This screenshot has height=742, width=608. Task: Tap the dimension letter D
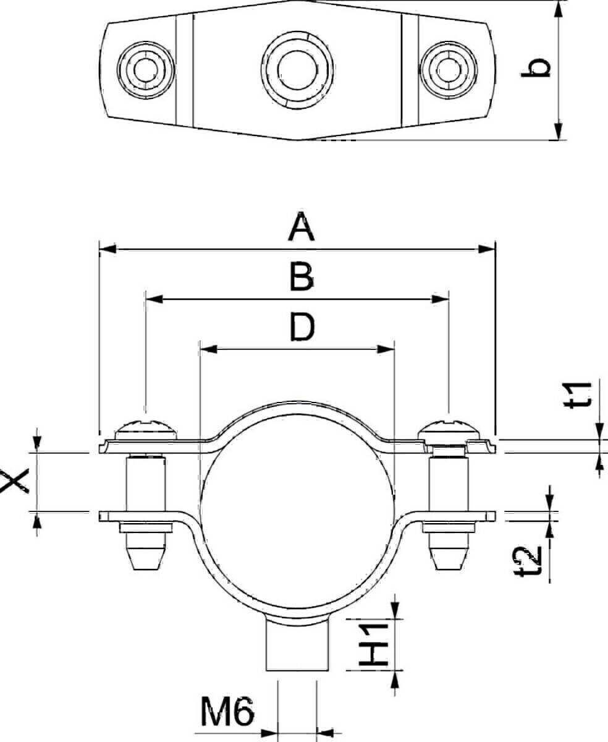[302, 328]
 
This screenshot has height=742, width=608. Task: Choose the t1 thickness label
[578, 395]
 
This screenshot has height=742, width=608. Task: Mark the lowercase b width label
[536, 68]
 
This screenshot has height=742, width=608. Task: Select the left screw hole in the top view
[146, 70]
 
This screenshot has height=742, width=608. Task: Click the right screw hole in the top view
[449, 70]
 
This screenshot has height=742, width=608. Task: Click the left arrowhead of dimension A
[108, 249]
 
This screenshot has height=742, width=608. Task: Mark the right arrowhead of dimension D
[386, 349]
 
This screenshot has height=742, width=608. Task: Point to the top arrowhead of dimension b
[559, 9]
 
